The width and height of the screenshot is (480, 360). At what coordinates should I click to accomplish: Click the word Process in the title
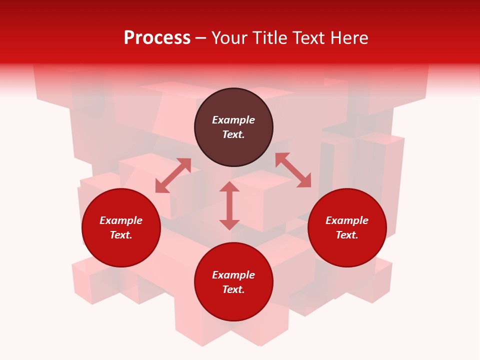pos(157,38)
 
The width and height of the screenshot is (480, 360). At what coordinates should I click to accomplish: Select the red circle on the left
pos(121,250)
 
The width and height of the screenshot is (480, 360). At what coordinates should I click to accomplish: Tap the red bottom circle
pos(233,306)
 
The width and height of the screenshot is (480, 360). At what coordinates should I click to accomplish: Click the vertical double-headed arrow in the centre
pos(229,205)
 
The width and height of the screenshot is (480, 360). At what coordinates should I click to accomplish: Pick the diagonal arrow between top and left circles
pos(173,175)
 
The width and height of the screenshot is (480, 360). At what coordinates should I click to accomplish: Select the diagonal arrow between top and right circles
pos(293,170)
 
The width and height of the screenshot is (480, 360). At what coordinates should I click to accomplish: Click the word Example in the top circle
pos(233,120)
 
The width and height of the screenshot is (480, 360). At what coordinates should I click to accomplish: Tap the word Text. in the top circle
pos(233,134)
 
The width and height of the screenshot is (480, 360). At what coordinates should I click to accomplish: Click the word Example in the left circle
pos(121,220)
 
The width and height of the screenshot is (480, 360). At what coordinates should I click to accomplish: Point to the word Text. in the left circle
pos(121,235)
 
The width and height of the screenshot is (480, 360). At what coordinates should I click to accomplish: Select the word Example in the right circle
pos(347,220)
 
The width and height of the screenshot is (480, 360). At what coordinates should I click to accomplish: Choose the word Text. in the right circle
pos(347,235)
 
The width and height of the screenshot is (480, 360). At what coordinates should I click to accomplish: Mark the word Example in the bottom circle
pos(233,275)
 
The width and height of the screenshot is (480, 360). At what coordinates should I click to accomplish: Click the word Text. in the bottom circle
pos(233,289)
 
